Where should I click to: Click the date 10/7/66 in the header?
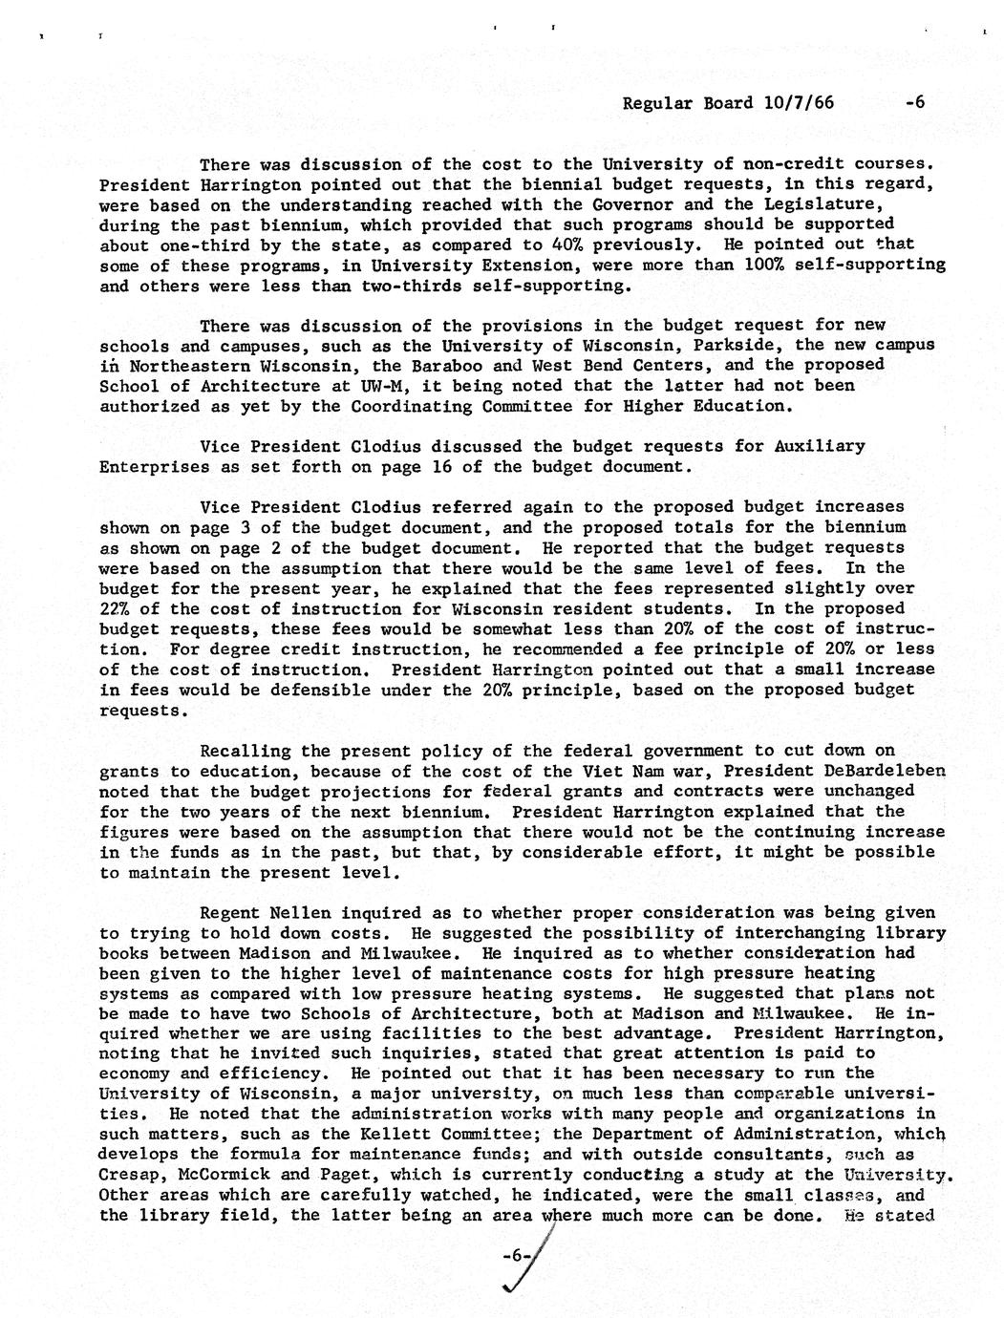(x=798, y=103)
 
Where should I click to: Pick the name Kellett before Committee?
(x=425, y=1134)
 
